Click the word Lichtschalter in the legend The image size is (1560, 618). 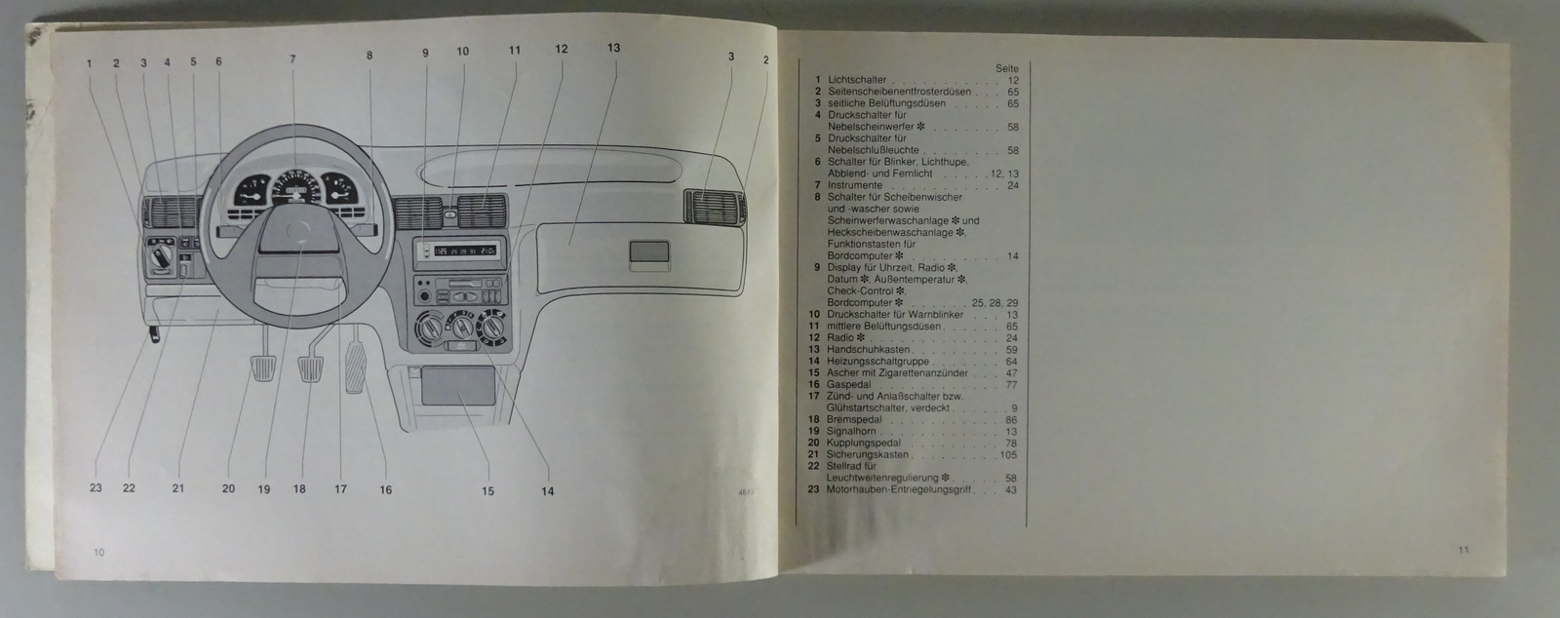coord(857,80)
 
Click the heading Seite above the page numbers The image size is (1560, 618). coord(1007,68)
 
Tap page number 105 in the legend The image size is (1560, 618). coord(1008,454)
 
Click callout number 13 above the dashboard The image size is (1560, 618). coord(612,48)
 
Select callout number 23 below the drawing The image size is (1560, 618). coord(95,489)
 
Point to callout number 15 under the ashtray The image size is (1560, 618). coord(487,491)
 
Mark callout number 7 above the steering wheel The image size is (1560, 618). coord(292,58)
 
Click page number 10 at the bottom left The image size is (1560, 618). coord(98,553)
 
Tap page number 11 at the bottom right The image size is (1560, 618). coord(1463,549)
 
